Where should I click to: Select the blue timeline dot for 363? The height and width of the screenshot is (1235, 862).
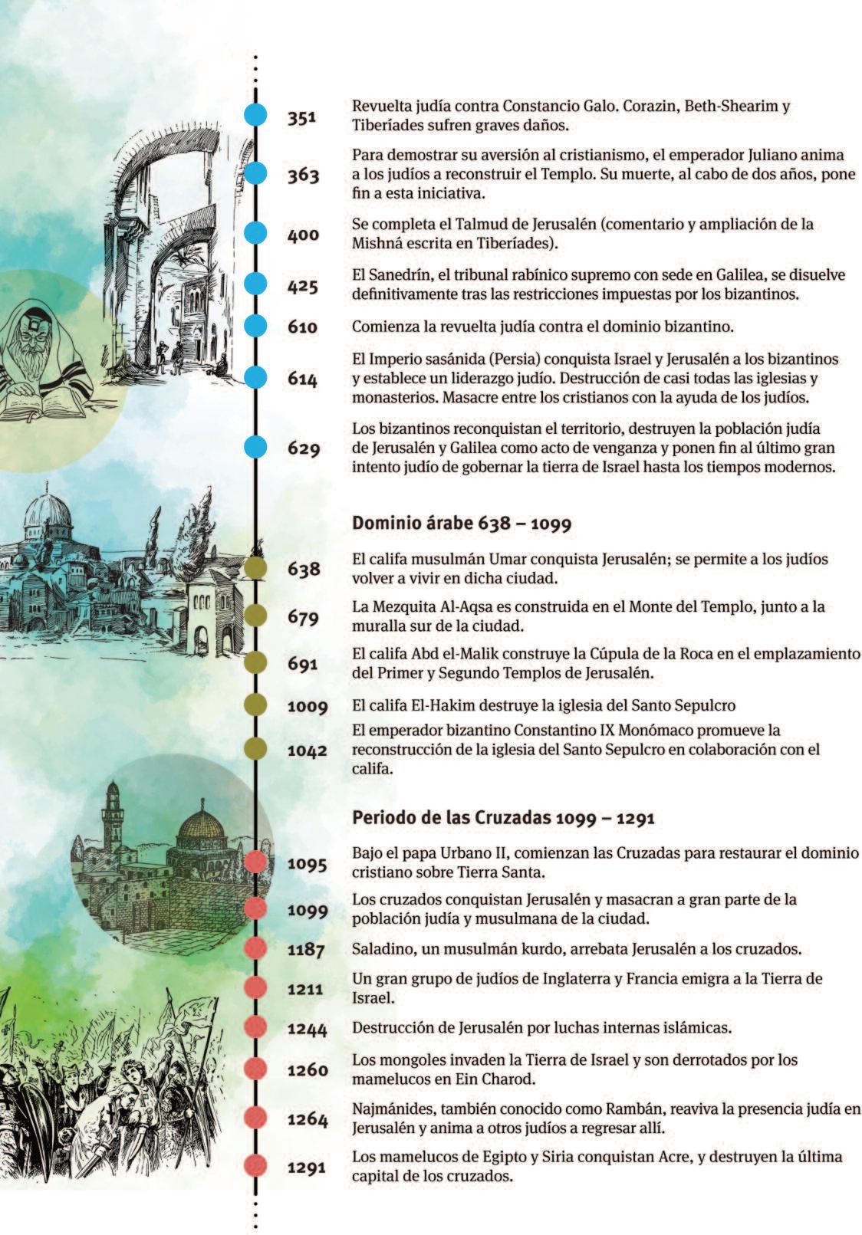[x=255, y=174]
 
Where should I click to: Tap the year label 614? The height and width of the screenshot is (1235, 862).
[x=302, y=379]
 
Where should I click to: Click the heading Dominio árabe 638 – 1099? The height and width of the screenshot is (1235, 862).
[x=462, y=523]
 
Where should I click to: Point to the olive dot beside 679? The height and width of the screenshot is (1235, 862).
[x=255, y=616]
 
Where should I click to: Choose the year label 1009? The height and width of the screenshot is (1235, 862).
[x=308, y=705]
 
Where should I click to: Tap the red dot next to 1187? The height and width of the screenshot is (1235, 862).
[x=255, y=948]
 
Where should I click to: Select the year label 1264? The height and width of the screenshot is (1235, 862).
[x=308, y=1119]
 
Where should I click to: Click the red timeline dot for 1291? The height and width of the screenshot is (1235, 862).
[x=255, y=1166]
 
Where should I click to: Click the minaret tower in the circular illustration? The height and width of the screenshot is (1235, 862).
[x=114, y=809]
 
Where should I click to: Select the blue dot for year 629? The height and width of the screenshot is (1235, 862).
[x=255, y=447]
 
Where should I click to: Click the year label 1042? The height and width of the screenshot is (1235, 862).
[x=308, y=751]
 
